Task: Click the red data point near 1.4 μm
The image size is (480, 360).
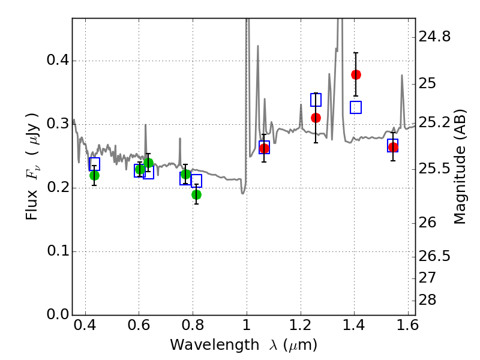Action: (x=356, y=74)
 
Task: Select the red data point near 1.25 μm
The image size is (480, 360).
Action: (x=316, y=118)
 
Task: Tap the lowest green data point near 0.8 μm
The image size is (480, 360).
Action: (x=196, y=194)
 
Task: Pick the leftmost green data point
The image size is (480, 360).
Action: (x=94, y=175)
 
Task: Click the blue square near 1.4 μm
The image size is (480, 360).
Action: (x=356, y=107)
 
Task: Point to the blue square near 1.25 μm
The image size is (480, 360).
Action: (x=316, y=100)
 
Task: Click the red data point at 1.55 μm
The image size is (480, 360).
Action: (x=393, y=147)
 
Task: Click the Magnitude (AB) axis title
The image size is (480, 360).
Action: (x=460, y=167)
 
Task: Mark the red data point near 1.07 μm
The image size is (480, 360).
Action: (x=264, y=148)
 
